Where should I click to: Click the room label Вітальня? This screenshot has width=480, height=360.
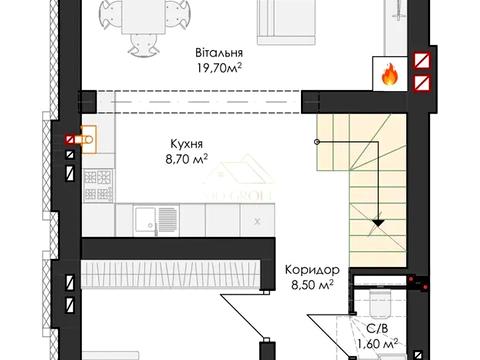(x=219, y=53)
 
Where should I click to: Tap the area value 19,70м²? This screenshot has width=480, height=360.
(x=219, y=68)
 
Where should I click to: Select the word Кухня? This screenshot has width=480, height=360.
(x=186, y=144)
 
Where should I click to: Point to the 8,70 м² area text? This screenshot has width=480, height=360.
(x=186, y=159)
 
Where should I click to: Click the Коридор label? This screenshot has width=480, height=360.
(x=312, y=270)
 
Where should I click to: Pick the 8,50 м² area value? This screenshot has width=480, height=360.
(x=312, y=285)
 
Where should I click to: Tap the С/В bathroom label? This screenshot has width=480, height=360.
(x=377, y=329)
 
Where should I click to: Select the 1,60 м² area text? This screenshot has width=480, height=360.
(x=377, y=343)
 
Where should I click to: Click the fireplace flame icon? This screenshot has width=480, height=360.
(x=389, y=75)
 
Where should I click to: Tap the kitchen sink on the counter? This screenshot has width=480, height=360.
(x=156, y=220)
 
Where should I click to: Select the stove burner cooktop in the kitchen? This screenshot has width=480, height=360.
(x=98, y=185)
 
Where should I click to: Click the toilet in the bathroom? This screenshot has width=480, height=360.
(x=380, y=302)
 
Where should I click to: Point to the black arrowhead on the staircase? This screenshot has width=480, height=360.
(x=378, y=223)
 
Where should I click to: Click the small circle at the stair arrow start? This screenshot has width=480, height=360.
(x=317, y=142)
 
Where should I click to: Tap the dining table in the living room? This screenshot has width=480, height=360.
(x=144, y=17)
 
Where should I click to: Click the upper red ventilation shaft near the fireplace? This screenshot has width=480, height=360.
(x=422, y=61)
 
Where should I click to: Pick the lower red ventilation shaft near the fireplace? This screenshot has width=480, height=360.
(x=422, y=83)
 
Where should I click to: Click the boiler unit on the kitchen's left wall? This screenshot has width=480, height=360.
(x=87, y=140)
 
